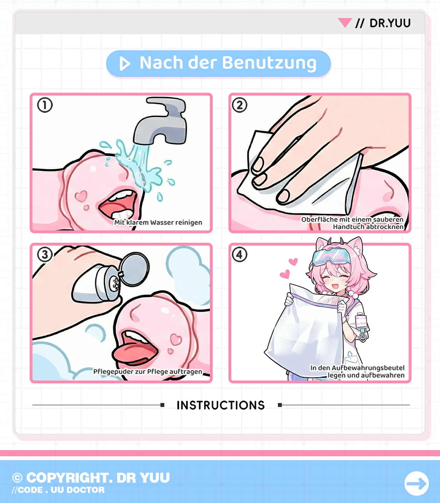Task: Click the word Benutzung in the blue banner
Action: pos(269,63)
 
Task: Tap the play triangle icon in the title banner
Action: pos(125,63)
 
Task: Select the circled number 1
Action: pos(45,105)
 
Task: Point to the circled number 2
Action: pos(239,105)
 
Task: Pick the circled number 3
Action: pos(45,254)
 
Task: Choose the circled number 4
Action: pos(239,254)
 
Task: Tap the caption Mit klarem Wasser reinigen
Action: pos(158,223)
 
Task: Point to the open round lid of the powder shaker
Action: pos(134,269)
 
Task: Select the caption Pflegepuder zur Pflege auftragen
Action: pos(148,372)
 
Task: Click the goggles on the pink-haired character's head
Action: pos(331,257)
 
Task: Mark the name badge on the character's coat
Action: pos(361,322)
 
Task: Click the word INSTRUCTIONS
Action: pos(221,405)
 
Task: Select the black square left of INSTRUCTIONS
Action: pos(162,405)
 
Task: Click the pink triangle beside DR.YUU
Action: pos(345,23)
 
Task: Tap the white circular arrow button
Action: pos(417,483)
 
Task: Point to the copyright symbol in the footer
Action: pos(17,478)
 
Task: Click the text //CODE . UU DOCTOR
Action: pos(58,490)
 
